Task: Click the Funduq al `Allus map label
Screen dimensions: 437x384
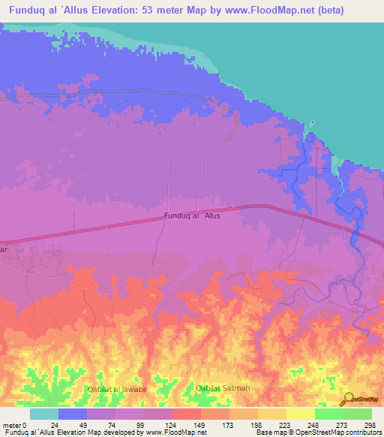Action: (192, 216)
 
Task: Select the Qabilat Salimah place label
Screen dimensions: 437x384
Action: (223, 387)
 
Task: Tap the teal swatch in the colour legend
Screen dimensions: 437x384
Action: (44, 414)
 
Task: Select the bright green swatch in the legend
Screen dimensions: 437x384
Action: (329, 414)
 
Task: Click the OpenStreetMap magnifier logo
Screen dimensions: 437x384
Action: (349, 399)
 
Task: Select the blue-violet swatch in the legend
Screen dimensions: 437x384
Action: (73, 414)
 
